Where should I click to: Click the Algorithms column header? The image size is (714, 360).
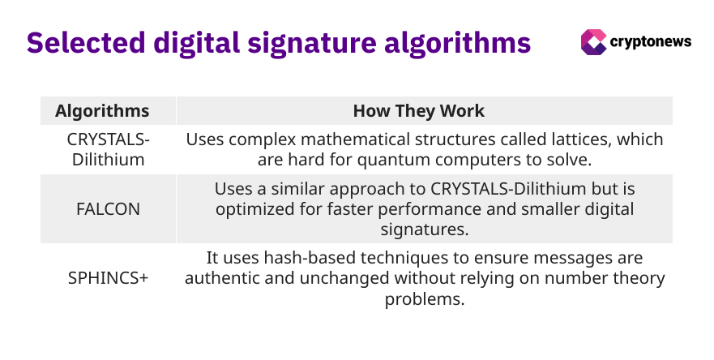click(x=102, y=111)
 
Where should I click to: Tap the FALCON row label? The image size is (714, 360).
click(x=109, y=209)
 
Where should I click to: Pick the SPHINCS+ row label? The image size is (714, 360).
click(x=109, y=278)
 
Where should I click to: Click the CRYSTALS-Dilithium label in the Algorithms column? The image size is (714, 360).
click(x=109, y=149)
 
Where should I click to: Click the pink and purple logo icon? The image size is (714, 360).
click(x=593, y=43)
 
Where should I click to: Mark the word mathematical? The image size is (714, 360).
click(x=349, y=139)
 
